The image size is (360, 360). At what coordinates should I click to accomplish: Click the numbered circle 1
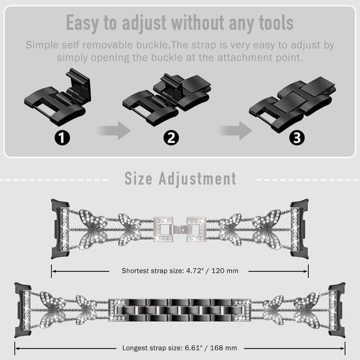[x=62, y=138]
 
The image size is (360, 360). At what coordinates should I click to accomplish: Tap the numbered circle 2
[x=171, y=138]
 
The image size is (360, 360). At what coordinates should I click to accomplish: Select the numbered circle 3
[x=297, y=138]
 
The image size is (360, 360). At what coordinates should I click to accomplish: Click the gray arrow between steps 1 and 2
[x=114, y=130]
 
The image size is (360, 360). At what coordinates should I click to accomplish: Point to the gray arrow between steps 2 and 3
[x=235, y=130]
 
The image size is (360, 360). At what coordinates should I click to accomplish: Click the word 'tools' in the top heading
[x=276, y=22]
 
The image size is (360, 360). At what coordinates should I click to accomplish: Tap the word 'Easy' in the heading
[x=83, y=24]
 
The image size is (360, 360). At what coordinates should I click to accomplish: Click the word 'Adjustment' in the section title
[x=197, y=179]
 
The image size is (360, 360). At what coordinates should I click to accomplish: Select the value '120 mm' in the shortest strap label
[x=225, y=271]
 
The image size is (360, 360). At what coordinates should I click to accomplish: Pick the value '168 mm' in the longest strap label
[x=224, y=348]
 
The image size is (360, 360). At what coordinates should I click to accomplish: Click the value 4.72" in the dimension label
[x=195, y=271]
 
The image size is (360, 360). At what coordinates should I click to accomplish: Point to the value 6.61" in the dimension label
[x=193, y=348]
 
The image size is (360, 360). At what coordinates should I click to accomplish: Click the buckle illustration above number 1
[x=58, y=96]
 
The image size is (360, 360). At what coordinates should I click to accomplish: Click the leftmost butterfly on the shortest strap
[x=93, y=229]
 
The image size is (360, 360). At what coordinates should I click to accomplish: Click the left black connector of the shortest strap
[x=60, y=229]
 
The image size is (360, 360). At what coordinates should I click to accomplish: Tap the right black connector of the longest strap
[x=336, y=310]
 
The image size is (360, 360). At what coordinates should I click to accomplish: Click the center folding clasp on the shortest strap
[x=179, y=229]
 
